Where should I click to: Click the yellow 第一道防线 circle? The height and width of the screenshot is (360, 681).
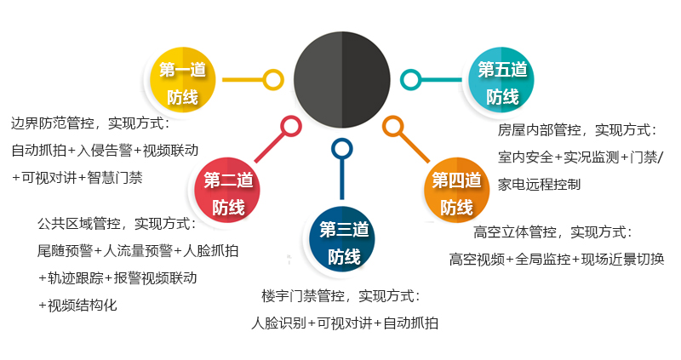(x=183, y=80)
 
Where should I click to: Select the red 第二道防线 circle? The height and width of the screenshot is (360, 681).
(x=227, y=190)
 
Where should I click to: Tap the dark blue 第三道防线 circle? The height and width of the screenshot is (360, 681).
(x=342, y=239)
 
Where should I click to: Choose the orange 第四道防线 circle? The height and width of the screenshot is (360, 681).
(x=456, y=190)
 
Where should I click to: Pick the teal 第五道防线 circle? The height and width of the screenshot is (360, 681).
(x=501, y=80)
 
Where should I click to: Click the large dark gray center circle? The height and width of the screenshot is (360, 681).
(x=342, y=80)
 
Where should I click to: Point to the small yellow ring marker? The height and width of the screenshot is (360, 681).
(x=273, y=80)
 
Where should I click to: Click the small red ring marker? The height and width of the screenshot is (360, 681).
(x=291, y=126)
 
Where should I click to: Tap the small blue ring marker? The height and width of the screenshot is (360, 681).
(x=342, y=149)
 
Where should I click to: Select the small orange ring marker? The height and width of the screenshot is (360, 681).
(x=393, y=126)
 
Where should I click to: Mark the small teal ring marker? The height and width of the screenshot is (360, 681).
(x=411, y=80)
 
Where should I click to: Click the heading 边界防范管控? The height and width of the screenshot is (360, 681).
(x=53, y=123)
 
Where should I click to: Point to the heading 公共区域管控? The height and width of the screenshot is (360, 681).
(x=79, y=224)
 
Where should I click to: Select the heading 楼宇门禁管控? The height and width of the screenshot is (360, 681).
(x=303, y=296)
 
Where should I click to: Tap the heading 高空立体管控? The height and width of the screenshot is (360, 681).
(x=515, y=232)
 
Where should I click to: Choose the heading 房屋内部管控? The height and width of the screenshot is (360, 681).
(x=540, y=130)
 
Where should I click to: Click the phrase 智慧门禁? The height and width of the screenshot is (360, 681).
(x=115, y=178)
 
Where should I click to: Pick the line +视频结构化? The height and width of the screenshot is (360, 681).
(x=77, y=306)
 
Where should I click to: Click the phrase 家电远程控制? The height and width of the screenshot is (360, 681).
(x=540, y=185)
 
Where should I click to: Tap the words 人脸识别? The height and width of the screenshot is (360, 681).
(x=279, y=323)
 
